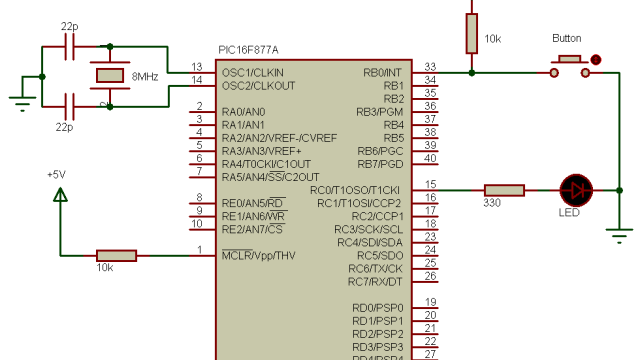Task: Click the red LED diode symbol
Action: tap(575, 189)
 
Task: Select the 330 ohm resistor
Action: tap(504, 189)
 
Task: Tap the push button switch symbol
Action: tap(570, 65)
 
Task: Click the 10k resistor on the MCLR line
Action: tap(116, 255)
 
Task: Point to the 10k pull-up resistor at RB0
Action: tap(471, 32)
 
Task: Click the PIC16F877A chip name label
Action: tap(248, 50)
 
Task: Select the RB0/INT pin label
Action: tap(383, 72)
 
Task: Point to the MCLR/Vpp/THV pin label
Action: tap(258, 255)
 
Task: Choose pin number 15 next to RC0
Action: tap(430, 184)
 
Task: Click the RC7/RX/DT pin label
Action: tap(375, 281)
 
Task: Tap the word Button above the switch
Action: tap(566, 38)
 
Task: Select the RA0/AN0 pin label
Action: tap(243, 111)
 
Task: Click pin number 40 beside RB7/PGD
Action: tap(430, 158)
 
